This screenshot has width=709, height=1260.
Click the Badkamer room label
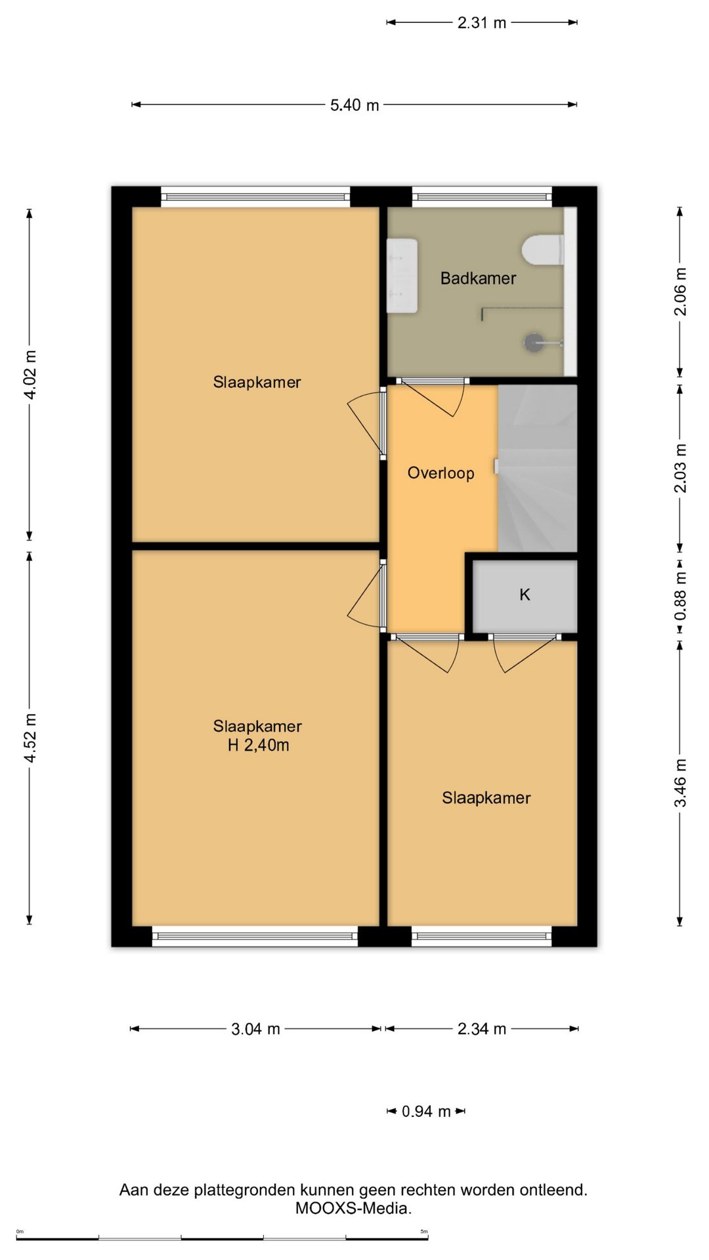tap(478, 278)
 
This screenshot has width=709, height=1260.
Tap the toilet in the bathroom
tap(542, 250)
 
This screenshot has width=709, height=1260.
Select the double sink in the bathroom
tap(402, 276)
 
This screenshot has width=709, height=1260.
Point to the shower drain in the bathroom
tap(533, 341)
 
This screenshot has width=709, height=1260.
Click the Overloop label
tap(440, 473)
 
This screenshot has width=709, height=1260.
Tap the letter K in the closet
tap(525, 595)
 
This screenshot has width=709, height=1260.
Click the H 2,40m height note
tap(258, 745)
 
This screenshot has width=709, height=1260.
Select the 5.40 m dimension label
tap(354, 105)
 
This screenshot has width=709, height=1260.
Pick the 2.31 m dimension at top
tap(482, 23)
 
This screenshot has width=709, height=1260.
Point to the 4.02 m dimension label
tap(30, 375)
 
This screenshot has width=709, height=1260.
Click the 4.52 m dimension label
tap(30, 738)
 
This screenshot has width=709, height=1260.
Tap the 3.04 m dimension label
tap(255, 1029)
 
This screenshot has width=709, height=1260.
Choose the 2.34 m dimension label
tap(482, 1029)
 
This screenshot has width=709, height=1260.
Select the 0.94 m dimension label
tap(426, 1112)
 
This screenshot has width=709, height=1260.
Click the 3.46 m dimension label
tap(681, 783)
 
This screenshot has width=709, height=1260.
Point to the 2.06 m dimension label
tap(681, 291)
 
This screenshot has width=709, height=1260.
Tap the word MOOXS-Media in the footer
tap(353, 1208)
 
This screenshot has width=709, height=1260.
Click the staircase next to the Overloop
tap(538, 468)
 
